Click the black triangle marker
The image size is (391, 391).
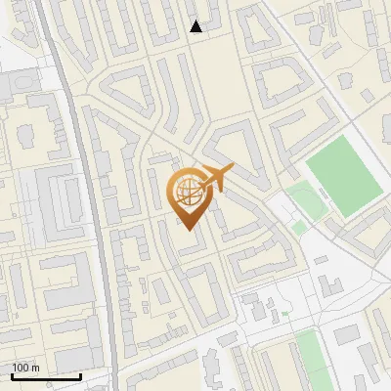tap(196, 26)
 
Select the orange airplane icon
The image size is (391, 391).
tap(217, 178)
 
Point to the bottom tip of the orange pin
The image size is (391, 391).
tap(189, 229)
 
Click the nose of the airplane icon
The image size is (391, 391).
tap(233, 169)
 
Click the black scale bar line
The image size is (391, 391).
tap(46, 376)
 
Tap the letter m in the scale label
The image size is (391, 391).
tap(35, 368)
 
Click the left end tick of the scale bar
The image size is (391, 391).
tap(12, 374)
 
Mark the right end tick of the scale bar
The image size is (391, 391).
tap(80, 374)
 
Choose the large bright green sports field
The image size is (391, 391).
tap(342, 176)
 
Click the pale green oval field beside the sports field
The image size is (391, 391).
tap(306, 200)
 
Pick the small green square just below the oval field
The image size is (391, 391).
tap(299, 227)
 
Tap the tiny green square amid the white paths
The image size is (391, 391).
tap(285, 315)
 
